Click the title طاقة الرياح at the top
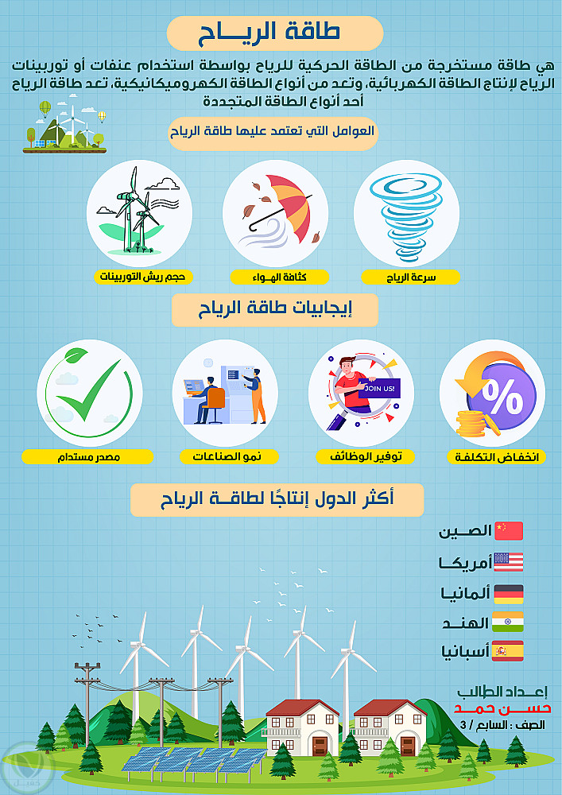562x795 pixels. click(269, 33)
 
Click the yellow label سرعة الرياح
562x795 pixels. click(410, 277)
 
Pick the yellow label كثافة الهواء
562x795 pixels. click(279, 277)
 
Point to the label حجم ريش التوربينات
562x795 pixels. click(143, 277)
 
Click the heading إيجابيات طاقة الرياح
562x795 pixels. click(275, 310)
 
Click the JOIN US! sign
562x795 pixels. click(379, 389)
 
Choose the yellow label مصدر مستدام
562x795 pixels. click(87, 457)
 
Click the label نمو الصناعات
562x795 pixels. click(229, 457)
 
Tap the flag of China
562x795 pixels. click(509, 531)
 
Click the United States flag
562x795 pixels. click(509, 562)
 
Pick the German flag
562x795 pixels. click(509, 594)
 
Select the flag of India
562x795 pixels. click(509, 622)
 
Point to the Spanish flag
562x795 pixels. click(509, 651)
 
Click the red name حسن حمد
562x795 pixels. click(502, 708)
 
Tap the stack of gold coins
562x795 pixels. click(472, 425)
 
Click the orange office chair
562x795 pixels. click(215, 405)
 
